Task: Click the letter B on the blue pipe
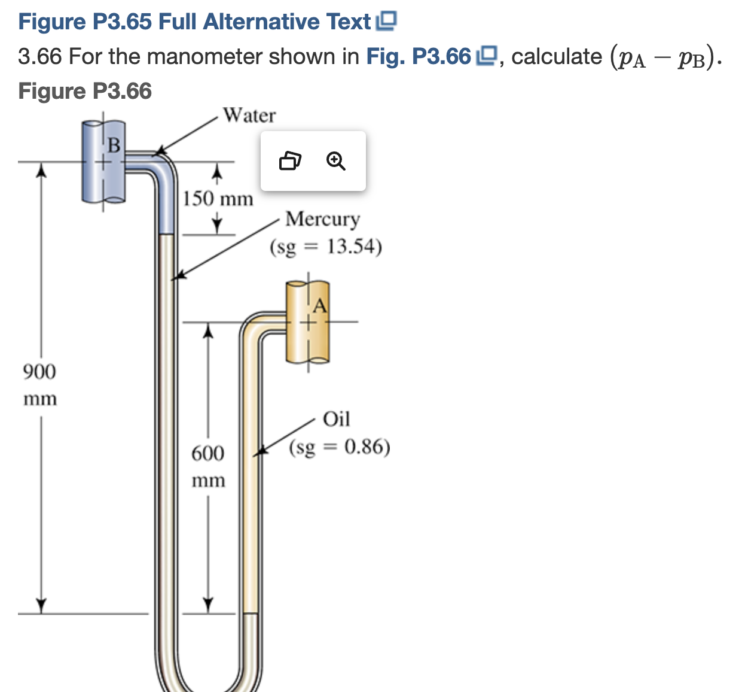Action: coord(114,145)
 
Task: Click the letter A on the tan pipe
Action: coord(320,306)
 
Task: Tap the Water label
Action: coord(249,115)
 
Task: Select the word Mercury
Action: coord(322,219)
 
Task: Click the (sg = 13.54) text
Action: coord(326,247)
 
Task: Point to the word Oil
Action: coord(336,419)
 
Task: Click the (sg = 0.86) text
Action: coord(340,447)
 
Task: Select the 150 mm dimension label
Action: coord(218,199)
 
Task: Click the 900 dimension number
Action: coord(39,372)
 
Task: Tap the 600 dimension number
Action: coord(207,453)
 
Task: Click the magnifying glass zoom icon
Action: coord(336,161)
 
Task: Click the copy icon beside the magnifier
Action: coord(290,161)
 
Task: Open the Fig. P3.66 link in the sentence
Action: coord(419,57)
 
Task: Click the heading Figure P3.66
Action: coord(85,91)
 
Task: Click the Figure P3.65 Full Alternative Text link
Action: coord(195,22)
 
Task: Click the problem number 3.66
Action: coord(39,57)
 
